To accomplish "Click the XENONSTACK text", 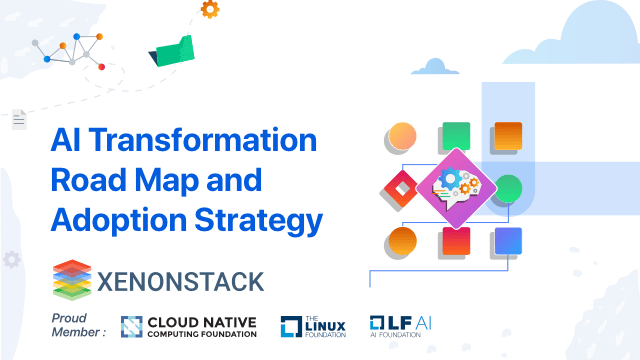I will tap(181, 278).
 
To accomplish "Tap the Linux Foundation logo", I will tap(312, 326).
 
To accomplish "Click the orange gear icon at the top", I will tap(209, 10).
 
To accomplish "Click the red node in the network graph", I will tap(101, 67).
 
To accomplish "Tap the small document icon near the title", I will tap(18, 120).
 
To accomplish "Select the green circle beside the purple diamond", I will tap(508, 188).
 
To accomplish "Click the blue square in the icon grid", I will tap(508, 241).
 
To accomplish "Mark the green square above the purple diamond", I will tap(455, 134).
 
